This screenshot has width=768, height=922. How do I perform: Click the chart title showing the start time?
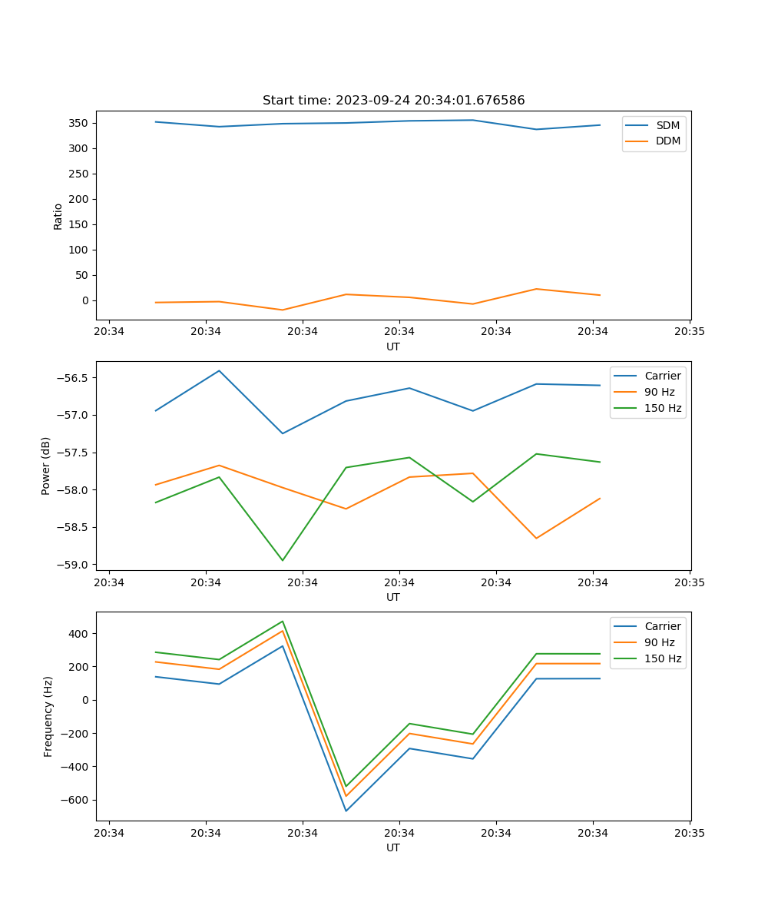coord(393,101)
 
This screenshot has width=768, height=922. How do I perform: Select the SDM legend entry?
coord(667,125)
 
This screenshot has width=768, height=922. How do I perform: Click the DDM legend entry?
coord(668,141)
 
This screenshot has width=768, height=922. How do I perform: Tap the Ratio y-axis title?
coord(58,216)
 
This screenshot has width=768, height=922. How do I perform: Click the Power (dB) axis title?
coord(46,466)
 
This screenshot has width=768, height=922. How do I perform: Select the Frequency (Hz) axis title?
coord(48,716)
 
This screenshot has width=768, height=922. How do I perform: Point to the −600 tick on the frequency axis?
coord(75,800)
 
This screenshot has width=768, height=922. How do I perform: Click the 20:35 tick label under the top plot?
coord(690,332)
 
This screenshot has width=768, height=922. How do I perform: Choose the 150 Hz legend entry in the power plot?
coord(663,408)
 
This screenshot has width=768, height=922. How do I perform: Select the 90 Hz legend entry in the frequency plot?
coord(660,642)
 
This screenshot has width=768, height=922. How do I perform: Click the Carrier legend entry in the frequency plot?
coord(662,626)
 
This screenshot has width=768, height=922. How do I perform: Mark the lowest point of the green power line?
coord(283,560)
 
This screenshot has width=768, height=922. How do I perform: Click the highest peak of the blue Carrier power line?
coord(219,370)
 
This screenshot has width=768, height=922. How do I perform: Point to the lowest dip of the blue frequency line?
coord(346,811)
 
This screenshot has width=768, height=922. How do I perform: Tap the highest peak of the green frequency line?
coord(283,621)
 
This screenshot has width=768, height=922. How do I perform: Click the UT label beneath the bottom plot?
coord(393,847)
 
